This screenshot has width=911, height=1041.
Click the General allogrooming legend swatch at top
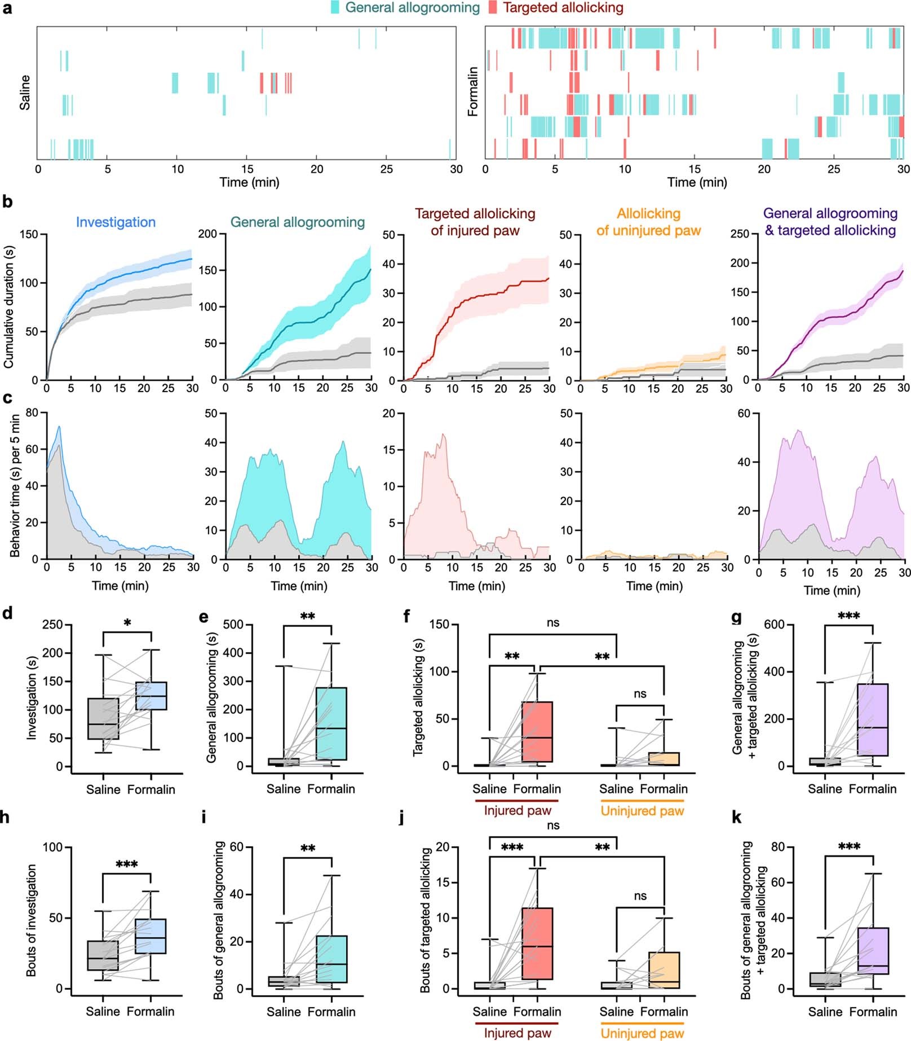(x=335, y=7)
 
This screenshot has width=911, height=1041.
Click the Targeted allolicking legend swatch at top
(x=493, y=7)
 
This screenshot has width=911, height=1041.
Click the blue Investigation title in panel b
(x=116, y=222)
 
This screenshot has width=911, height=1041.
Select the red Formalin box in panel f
(x=537, y=732)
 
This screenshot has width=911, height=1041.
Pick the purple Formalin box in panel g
(x=872, y=719)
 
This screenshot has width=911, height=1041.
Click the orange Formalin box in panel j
(x=664, y=969)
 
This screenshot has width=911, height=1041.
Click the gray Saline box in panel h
(x=103, y=955)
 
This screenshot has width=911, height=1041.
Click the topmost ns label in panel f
(x=553, y=622)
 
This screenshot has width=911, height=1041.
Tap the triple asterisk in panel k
(x=849, y=846)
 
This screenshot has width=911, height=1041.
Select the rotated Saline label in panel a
(x=25, y=93)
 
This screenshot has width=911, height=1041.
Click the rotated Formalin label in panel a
(x=473, y=91)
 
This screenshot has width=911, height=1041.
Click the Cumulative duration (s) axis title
(x=8, y=308)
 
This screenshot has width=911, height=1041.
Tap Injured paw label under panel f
(x=517, y=811)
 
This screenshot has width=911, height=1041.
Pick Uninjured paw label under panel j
(x=642, y=1034)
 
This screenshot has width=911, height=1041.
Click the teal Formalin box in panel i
(x=332, y=959)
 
